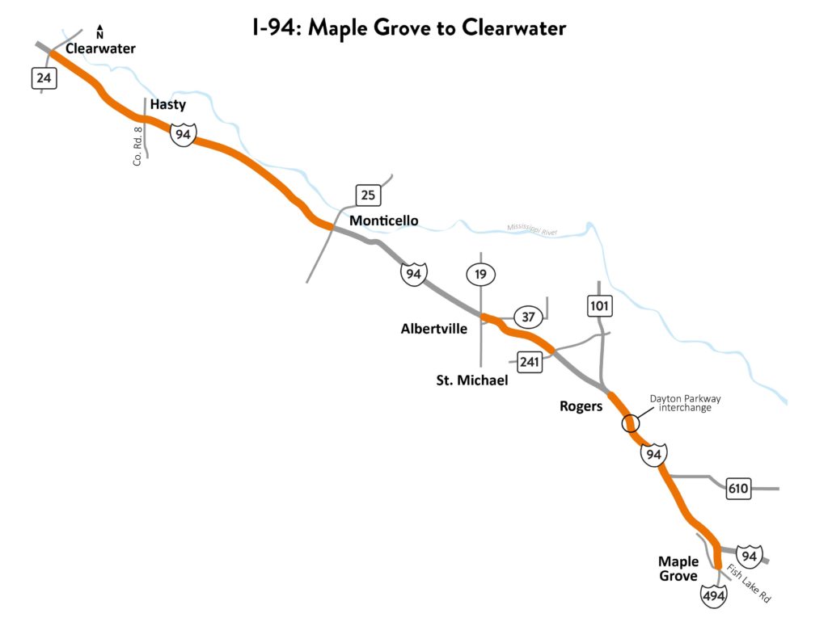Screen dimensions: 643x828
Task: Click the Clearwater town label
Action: coord(100,48)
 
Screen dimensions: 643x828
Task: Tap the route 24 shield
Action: coord(44,78)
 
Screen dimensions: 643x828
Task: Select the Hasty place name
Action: coord(168,104)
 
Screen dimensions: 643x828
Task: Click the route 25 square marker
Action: coord(368,195)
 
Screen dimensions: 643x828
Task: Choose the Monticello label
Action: coord(383,221)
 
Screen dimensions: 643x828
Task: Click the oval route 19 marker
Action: coord(480,275)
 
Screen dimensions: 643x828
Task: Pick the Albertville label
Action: coord(434,329)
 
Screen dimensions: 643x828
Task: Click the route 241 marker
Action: coord(529,361)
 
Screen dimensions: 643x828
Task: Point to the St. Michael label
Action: coord(471,380)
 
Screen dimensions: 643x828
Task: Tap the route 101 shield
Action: coord(600,306)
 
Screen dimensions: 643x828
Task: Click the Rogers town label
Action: coord(581,406)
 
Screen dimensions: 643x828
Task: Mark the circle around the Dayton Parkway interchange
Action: coord(630,422)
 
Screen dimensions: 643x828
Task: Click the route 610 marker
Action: coord(738,488)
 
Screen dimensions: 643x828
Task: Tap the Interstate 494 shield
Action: coord(714,595)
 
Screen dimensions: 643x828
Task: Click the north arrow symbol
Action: coord(99,32)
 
